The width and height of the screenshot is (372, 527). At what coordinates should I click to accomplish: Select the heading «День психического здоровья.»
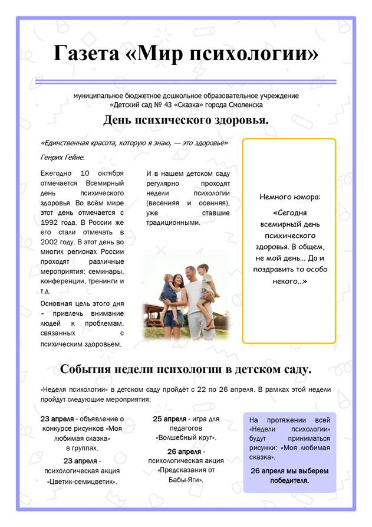point(186,120)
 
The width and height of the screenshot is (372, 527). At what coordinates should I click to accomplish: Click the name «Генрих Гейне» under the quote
point(62,158)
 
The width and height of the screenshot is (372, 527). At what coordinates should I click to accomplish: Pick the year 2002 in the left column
point(51,242)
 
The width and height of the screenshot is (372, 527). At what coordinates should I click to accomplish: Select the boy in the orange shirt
point(206,283)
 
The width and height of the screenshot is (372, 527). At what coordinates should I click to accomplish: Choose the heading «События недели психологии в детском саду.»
point(186,369)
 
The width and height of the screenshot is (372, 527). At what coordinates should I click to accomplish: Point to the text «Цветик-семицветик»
point(82,481)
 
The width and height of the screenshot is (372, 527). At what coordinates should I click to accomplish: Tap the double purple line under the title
point(186,81)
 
